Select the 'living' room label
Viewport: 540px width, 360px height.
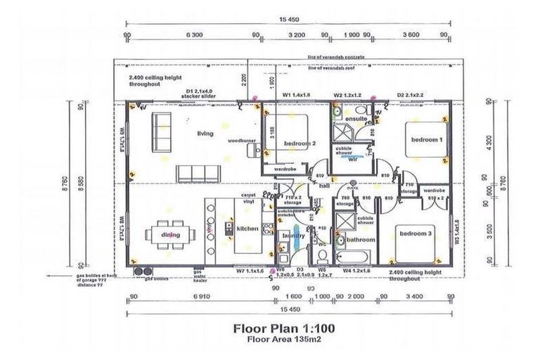pyautogui.click(x=205, y=133)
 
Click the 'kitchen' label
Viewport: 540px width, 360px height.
pyautogui.click(x=247, y=229)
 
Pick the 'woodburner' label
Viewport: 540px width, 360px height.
pyautogui.click(x=240, y=141)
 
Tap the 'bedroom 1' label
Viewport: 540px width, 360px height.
pyautogui.click(x=426, y=139)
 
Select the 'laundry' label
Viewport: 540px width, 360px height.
pyautogui.click(x=292, y=236)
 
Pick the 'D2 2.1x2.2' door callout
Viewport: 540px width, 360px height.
pyautogui.click(x=410, y=94)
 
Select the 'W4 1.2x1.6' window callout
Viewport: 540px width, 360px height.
pyautogui.click(x=356, y=270)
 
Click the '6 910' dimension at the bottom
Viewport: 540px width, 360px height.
pyautogui.click(x=200, y=297)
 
